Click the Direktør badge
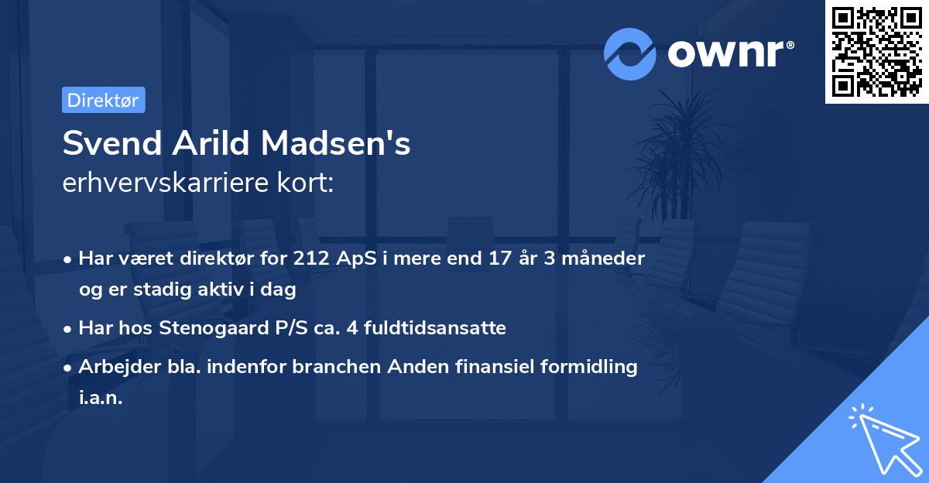(x=103, y=100)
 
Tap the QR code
(x=876, y=52)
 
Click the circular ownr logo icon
(x=630, y=53)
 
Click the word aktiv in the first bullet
(x=217, y=289)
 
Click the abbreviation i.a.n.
(x=101, y=398)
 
